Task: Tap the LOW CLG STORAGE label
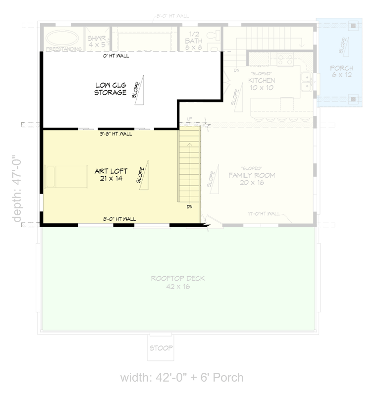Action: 110,88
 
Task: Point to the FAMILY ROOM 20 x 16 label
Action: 251,179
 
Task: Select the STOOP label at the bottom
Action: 161,348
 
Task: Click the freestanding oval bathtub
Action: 61,38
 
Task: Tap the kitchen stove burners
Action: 285,60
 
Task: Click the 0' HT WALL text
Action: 115,56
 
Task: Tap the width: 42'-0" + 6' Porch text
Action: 182,378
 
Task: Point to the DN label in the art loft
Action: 190,206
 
